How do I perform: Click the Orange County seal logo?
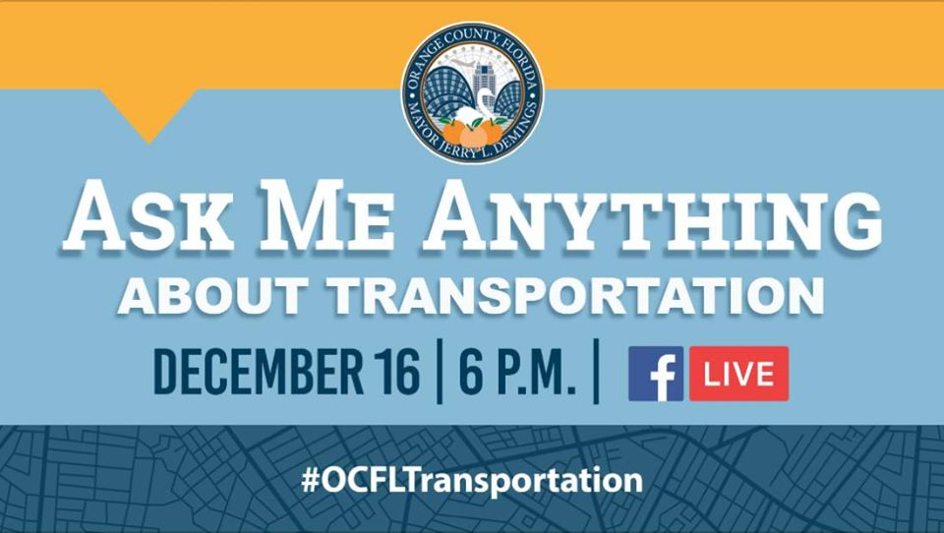473,93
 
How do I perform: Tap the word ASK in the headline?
148,218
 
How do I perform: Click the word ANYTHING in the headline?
652,216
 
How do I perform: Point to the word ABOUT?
213,295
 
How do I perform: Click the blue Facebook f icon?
656,374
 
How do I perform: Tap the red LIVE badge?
738,374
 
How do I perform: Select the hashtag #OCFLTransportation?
472,481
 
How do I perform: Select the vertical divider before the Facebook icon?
596,371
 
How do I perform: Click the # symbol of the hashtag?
310,481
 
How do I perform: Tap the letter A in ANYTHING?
455,216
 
